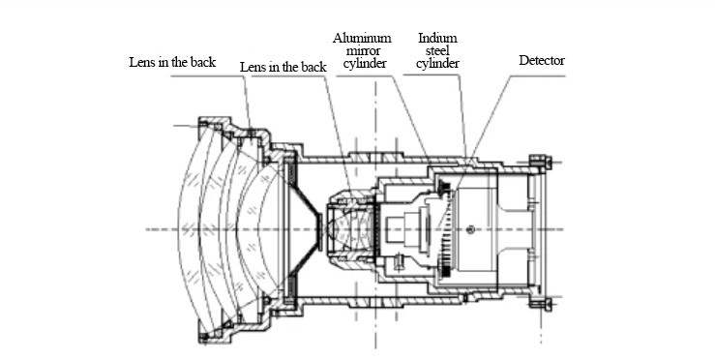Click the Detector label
point(541,60)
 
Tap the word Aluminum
point(362,38)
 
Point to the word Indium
point(437,38)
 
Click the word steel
point(437,50)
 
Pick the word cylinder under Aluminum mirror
point(365,64)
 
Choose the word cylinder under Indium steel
point(437,64)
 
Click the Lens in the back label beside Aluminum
point(283,68)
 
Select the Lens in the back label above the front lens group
point(172,63)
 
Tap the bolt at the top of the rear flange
point(540,162)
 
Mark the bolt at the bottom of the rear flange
point(540,304)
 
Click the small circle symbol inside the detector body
point(471,229)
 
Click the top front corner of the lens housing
point(199,119)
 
